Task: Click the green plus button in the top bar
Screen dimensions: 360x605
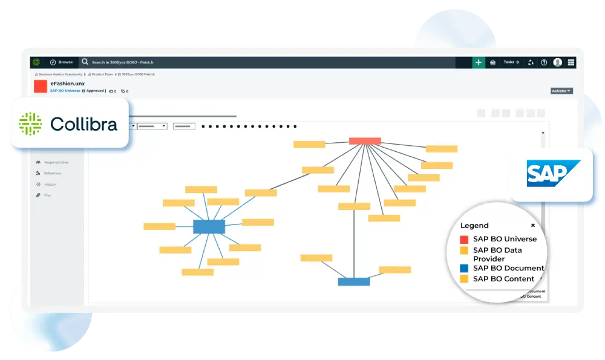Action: pos(479,62)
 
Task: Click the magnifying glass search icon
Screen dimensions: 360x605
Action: pos(85,62)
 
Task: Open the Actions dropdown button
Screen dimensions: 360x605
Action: pos(561,91)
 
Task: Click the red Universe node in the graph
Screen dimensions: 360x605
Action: pos(365,141)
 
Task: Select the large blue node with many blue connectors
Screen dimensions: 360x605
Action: pos(209,227)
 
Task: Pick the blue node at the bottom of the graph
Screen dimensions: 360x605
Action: pos(353,281)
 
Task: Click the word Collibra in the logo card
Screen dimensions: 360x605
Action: pos(83,124)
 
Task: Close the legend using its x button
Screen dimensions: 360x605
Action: pos(533,225)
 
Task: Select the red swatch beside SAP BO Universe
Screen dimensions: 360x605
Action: pos(464,239)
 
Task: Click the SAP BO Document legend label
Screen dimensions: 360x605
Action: pos(508,268)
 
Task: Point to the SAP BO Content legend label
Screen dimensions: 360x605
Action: pos(503,279)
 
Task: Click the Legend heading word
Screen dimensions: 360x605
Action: pos(474,226)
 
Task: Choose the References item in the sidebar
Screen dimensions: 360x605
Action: pos(52,173)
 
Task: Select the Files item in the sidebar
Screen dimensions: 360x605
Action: pos(47,195)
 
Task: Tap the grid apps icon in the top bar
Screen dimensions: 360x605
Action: pos(571,62)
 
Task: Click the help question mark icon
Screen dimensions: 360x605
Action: pos(544,62)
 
